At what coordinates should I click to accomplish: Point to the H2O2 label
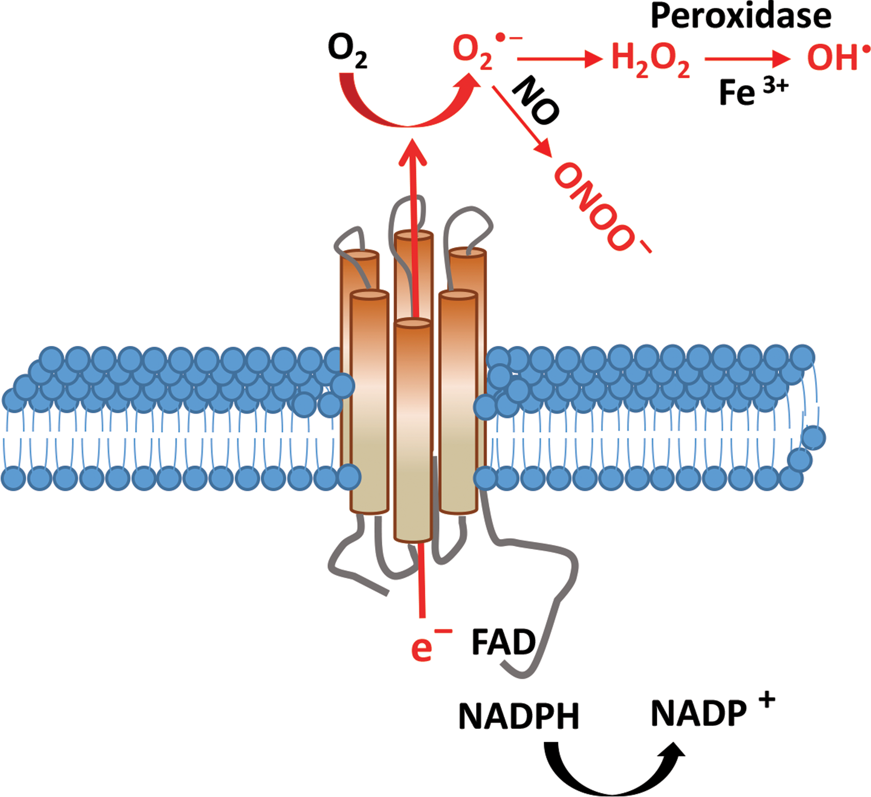[x=650, y=60]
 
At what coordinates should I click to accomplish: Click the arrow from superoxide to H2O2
[x=560, y=59]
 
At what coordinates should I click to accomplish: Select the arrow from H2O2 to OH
[x=748, y=59]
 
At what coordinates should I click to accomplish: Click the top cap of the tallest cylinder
[x=413, y=236]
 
